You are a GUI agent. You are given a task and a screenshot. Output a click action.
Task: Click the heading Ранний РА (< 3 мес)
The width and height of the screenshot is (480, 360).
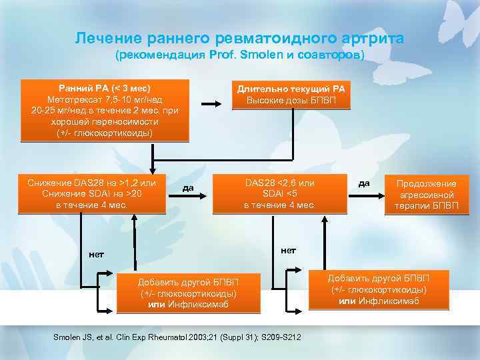(105, 88)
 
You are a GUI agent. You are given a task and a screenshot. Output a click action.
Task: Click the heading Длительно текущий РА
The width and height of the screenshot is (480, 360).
(292, 89)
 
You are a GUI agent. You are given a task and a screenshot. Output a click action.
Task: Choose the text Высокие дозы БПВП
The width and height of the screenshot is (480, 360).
(292, 101)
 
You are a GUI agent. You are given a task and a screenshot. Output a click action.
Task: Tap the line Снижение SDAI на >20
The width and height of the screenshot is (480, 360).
(92, 193)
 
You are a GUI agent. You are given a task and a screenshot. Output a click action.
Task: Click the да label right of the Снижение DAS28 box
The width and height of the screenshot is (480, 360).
(188, 188)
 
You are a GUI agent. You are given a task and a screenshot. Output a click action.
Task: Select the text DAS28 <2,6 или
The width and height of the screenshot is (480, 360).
(279, 182)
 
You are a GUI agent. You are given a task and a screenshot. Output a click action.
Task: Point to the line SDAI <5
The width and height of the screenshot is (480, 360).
(279, 193)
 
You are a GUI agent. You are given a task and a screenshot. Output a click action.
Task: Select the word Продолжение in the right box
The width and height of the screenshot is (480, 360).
(427, 183)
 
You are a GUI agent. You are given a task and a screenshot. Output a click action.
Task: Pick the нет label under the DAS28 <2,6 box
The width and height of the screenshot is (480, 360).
(289, 250)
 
